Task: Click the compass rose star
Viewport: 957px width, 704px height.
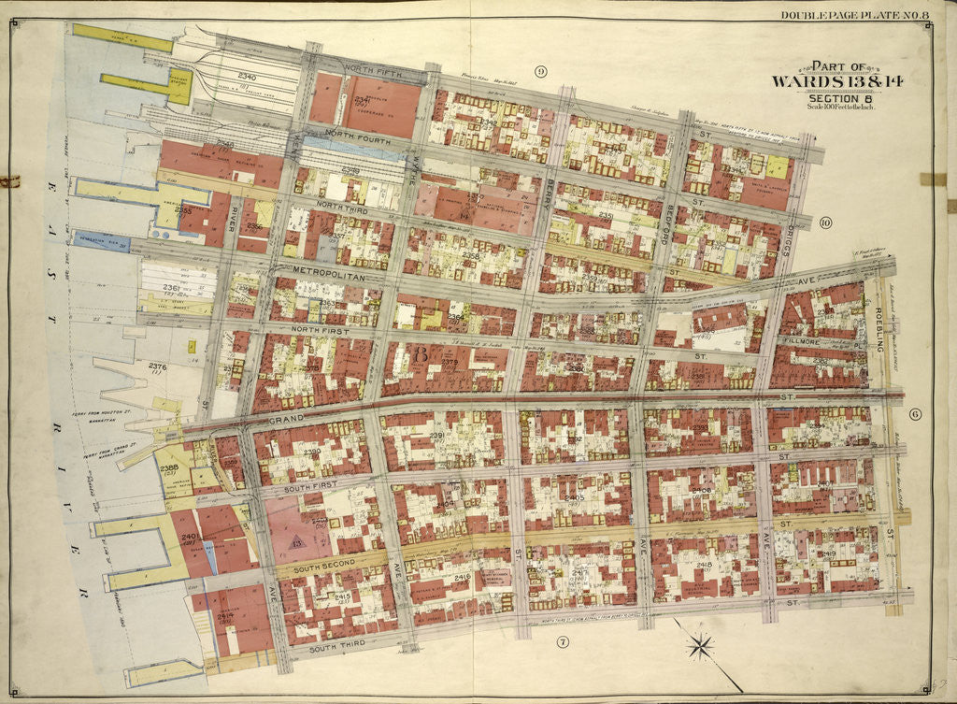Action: click(699, 645)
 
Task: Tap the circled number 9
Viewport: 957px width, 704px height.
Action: click(540, 72)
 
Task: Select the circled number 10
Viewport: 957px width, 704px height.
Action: click(824, 222)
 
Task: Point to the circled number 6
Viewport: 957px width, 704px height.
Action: click(915, 414)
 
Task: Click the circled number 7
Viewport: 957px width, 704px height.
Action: click(562, 641)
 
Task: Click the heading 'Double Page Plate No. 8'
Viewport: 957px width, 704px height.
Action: click(846, 14)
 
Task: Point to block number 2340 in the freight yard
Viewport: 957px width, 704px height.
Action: click(247, 76)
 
